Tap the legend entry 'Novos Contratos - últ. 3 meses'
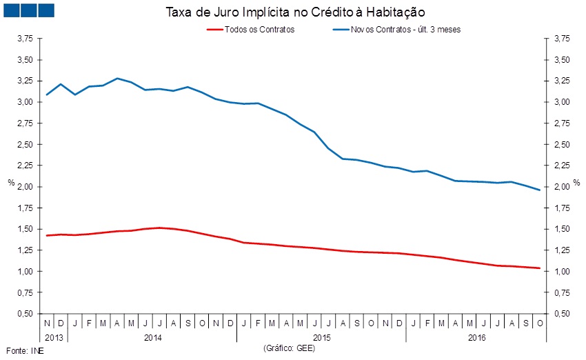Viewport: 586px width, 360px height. [405, 30]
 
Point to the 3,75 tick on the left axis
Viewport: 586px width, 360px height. [24, 39]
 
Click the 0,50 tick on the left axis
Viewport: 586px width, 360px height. [24, 314]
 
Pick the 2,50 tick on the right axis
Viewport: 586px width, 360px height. [563, 145]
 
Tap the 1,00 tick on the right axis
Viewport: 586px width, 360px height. [563, 272]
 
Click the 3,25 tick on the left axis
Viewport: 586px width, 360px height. [24, 81]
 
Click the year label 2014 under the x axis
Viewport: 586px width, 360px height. [152, 338]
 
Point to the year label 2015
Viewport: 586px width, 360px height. [321, 338]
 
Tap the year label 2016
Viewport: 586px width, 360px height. [476, 338]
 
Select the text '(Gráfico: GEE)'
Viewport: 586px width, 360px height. [289, 350]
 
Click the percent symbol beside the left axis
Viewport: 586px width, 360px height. [10, 183]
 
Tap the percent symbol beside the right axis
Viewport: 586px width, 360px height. [576, 183]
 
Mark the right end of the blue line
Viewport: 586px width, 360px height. [539, 190]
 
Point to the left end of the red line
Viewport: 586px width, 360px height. [46, 236]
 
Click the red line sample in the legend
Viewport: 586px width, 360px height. [214, 30]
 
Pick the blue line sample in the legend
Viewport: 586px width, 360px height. [340, 30]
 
